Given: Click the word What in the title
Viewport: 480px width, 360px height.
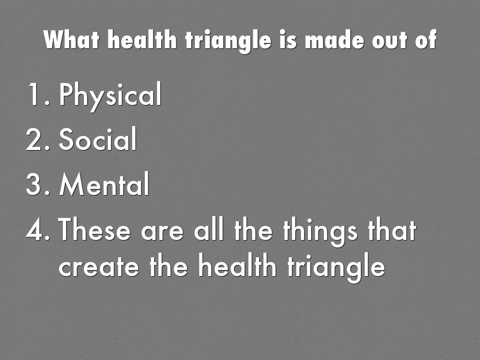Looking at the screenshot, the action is pos(72,39).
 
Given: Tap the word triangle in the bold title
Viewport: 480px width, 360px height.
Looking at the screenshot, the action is pos(228,41).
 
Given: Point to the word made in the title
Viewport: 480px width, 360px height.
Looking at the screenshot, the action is pos(335,40).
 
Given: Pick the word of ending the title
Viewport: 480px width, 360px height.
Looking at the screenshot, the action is pos(426,39).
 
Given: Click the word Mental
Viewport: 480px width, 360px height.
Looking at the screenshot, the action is pos(105,183).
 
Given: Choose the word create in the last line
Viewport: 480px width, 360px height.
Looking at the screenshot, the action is pos(98,266).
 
